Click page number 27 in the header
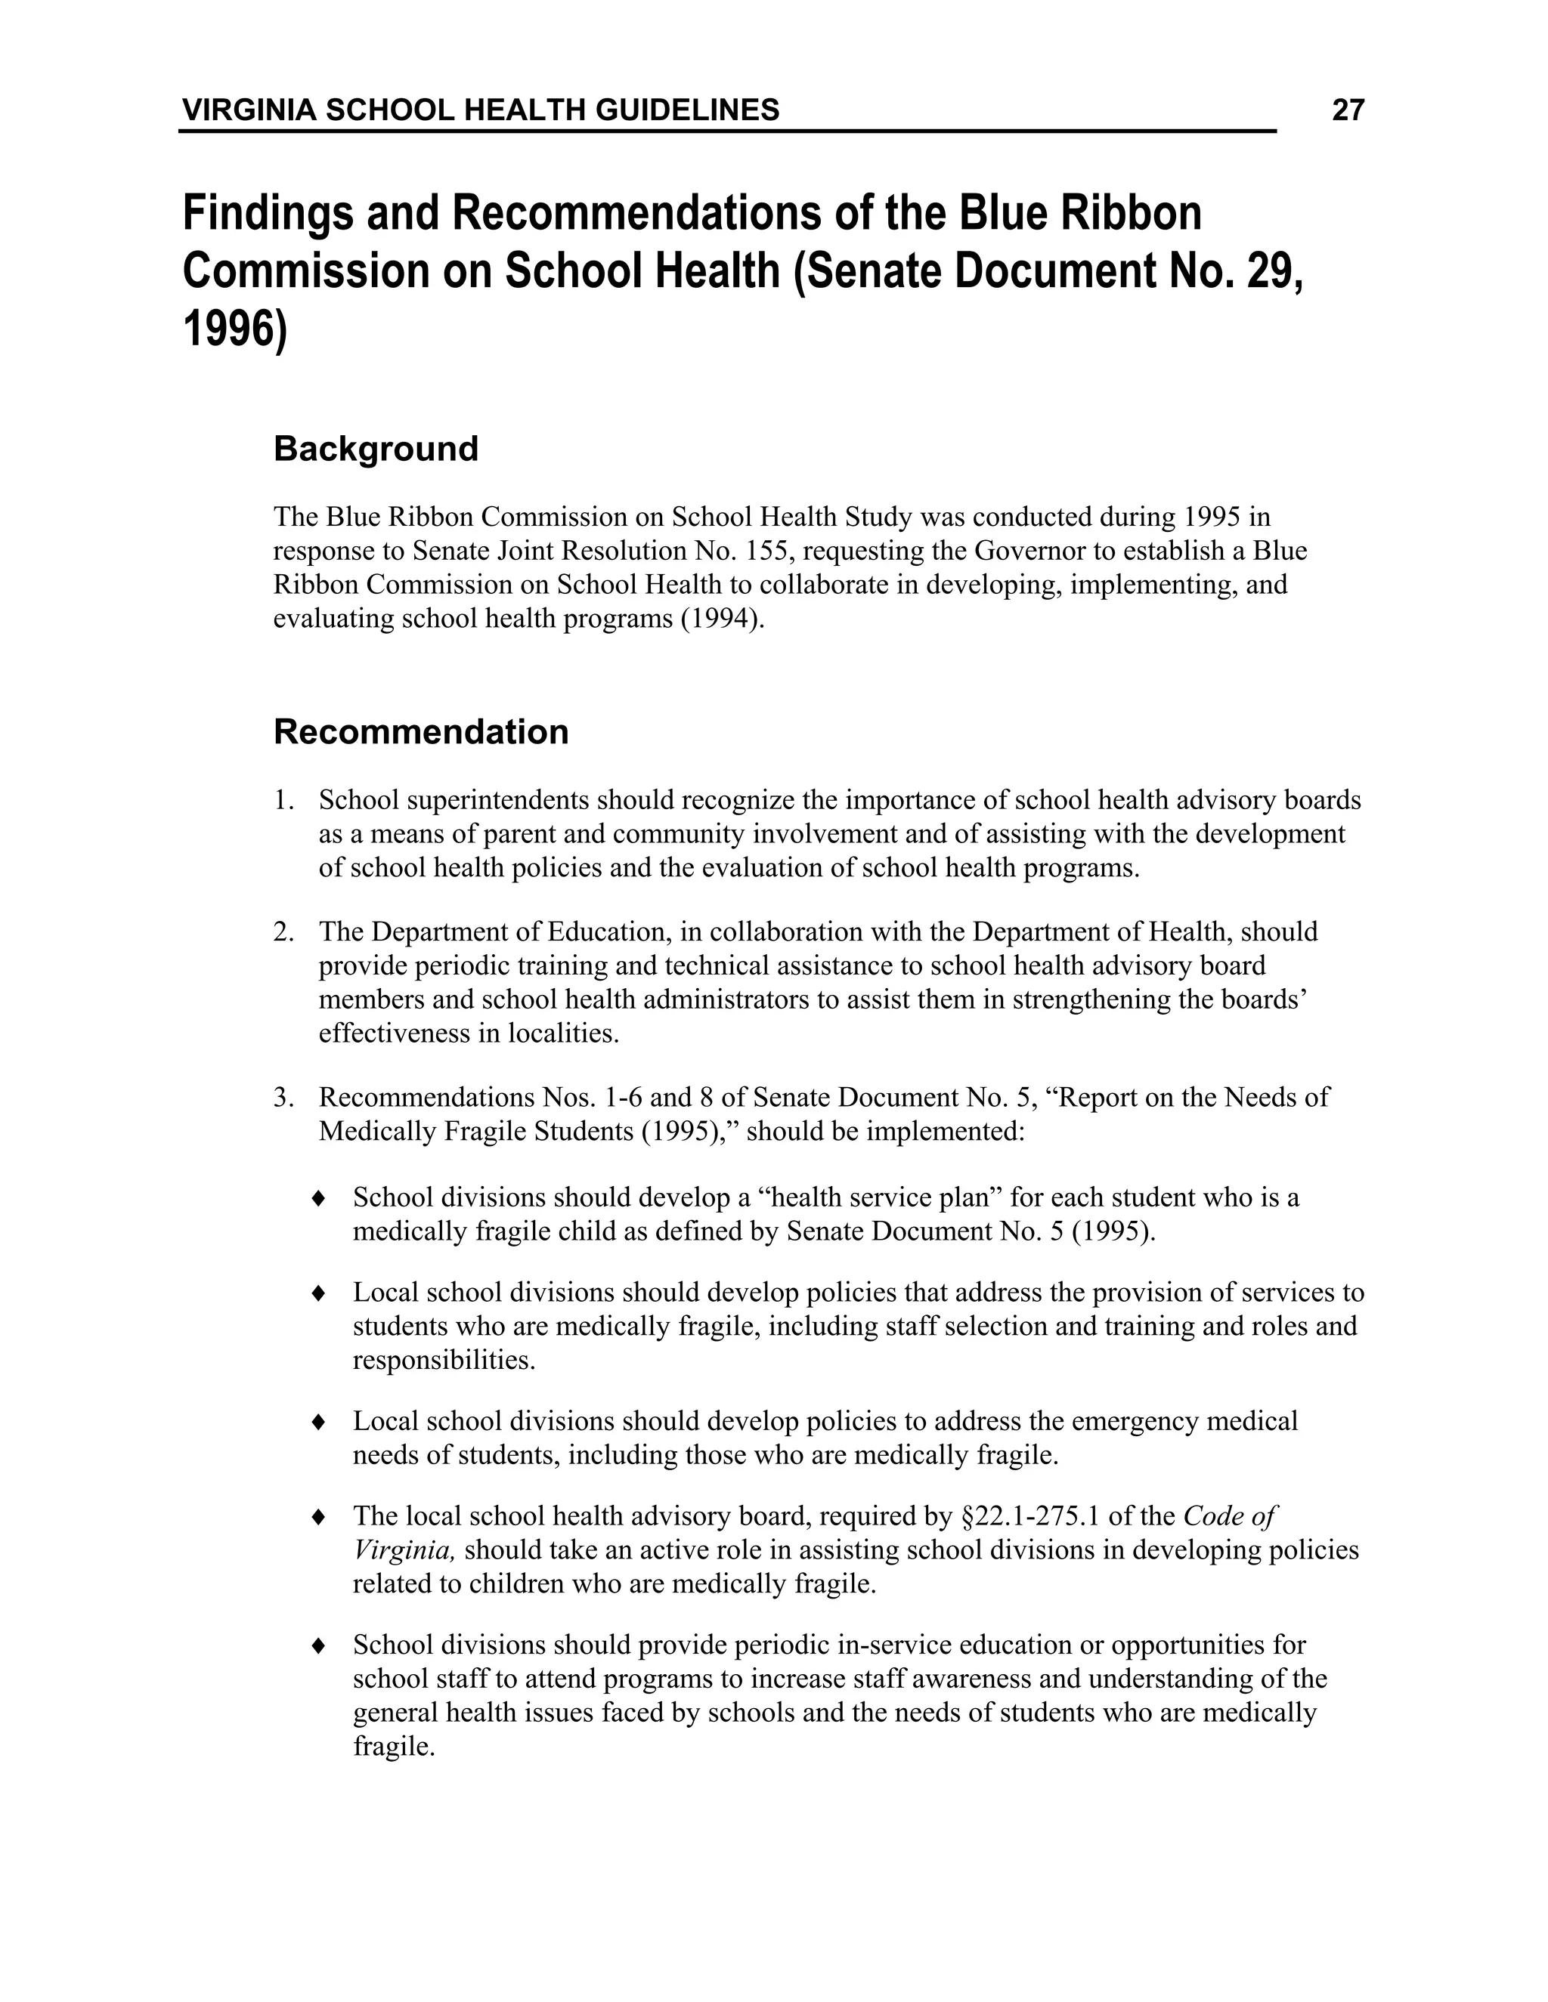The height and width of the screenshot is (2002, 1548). click(x=1347, y=111)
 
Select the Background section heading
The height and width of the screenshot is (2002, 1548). click(x=376, y=450)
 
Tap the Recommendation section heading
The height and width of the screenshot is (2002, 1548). click(x=421, y=732)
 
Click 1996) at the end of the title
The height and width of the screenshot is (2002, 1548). click(x=235, y=329)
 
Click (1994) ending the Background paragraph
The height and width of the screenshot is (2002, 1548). click(x=723, y=619)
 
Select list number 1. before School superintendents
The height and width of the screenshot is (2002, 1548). click(x=283, y=800)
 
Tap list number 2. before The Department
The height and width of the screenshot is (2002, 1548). click(x=283, y=932)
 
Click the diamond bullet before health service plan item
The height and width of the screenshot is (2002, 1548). click(x=318, y=1198)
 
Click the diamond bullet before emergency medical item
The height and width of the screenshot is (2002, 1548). click(x=318, y=1422)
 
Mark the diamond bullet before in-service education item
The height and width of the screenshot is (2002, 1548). click(x=318, y=1645)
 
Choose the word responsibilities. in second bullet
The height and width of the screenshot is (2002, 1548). click(x=444, y=1361)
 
